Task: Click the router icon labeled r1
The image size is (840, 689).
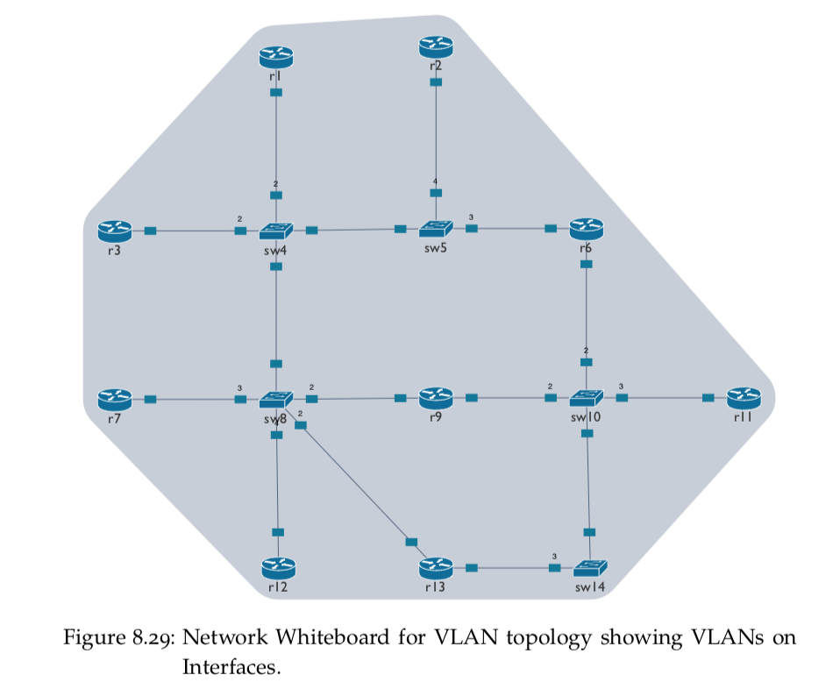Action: [x=276, y=56]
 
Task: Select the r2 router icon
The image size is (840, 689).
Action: [x=436, y=46]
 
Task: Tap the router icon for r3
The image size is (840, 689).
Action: [x=114, y=230]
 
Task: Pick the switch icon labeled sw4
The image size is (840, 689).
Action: [x=276, y=231]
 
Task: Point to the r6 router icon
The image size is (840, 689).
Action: [x=586, y=229]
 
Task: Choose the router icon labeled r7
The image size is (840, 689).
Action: [x=114, y=399]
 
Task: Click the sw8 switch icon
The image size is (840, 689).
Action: [x=276, y=400]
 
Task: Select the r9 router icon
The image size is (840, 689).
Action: [x=436, y=399]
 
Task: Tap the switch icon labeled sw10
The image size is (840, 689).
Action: [x=586, y=399]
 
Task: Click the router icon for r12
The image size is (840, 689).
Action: [x=278, y=568]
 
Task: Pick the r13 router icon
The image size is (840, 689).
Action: [x=436, y=568]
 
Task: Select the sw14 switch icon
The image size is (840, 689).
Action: [x=590, y=568]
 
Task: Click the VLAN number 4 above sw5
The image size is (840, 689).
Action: [x=435, y=181]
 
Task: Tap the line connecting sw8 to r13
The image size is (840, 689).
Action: [x=355, y=483]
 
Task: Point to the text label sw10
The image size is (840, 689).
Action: [x=586, y=419]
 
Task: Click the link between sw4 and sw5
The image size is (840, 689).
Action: [x=355, y=230]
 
